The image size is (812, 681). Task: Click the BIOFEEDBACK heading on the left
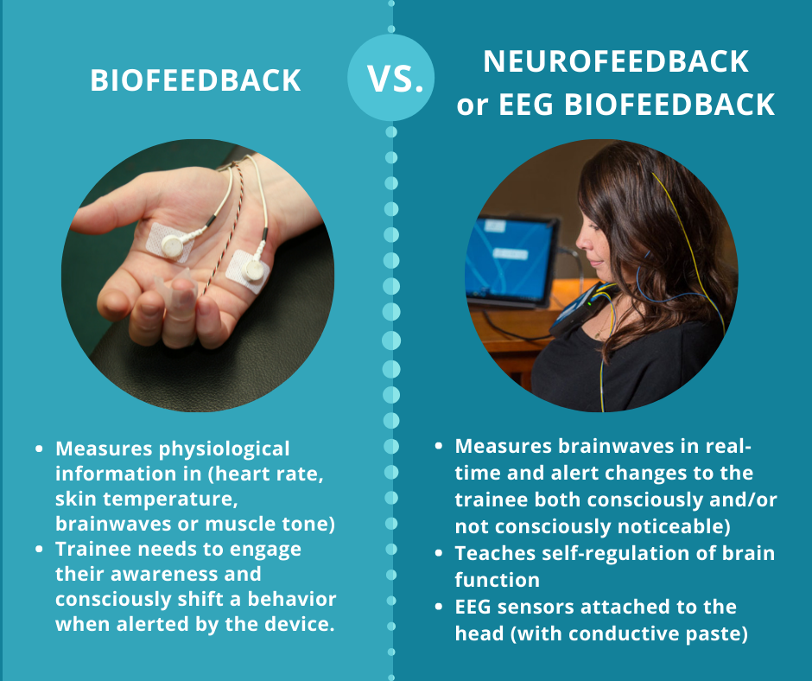[x=196, y=80]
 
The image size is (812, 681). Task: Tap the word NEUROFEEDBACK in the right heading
[x=615, y=61]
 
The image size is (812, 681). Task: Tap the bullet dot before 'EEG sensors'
[x=439, y=608]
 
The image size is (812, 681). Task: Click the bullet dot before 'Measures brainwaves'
[x=439, y=447]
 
